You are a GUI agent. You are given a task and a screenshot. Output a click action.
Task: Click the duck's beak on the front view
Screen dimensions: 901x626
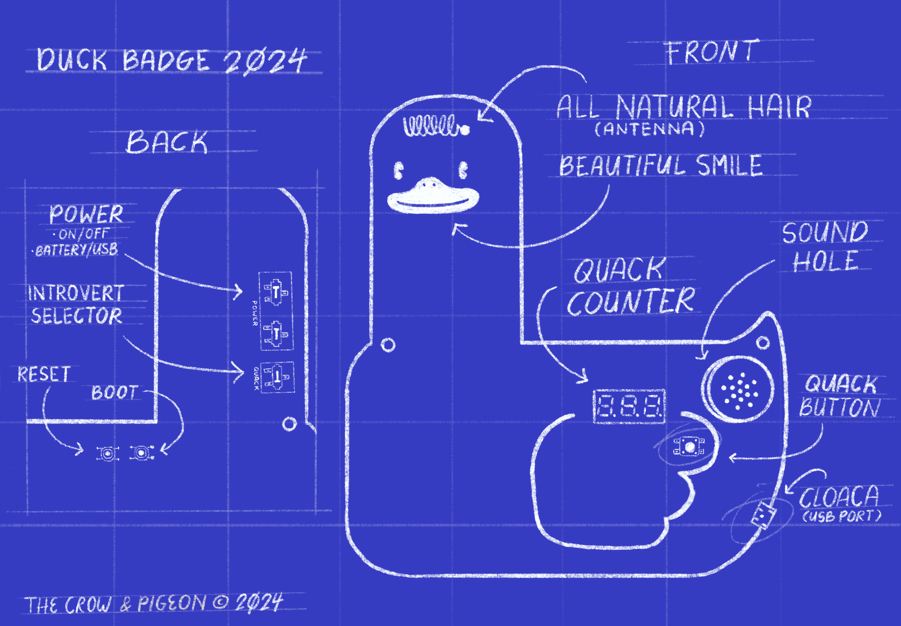[433, 195]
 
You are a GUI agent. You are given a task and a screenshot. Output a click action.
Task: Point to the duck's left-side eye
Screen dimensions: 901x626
[398, 170]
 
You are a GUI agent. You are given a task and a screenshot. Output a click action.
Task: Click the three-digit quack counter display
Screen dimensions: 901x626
[629, 407]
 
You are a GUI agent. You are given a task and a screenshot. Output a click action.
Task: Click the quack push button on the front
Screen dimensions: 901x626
[689, 446]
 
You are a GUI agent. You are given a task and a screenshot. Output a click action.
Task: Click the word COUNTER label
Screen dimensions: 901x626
[631, 301]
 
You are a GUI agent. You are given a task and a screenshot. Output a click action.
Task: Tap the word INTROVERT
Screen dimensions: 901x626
[76, 293]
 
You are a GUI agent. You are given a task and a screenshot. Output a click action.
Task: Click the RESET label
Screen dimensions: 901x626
[44, 373]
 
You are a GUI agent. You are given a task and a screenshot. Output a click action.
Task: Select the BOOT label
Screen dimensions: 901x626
[115, 392]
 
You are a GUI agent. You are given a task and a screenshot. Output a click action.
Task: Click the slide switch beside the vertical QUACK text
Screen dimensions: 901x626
[277, 376]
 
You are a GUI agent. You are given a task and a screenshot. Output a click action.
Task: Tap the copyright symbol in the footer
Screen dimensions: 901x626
[220, 603]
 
